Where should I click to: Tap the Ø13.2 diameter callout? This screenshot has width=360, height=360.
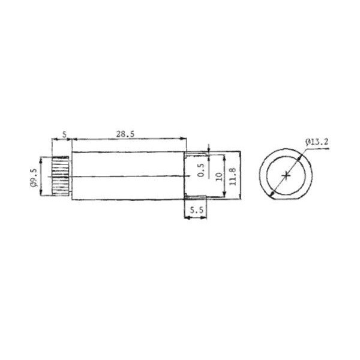pos(317,141)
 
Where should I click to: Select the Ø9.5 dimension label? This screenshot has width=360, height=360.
pos(34,178)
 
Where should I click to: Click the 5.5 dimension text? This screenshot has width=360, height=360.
pos(195,211)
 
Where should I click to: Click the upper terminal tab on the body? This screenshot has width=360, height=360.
pos(195,154)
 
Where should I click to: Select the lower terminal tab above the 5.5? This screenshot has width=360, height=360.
pos(195,198)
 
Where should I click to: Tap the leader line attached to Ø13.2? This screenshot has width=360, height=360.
pos(302,149)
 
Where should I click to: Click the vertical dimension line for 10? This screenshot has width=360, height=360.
pos(225,176)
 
